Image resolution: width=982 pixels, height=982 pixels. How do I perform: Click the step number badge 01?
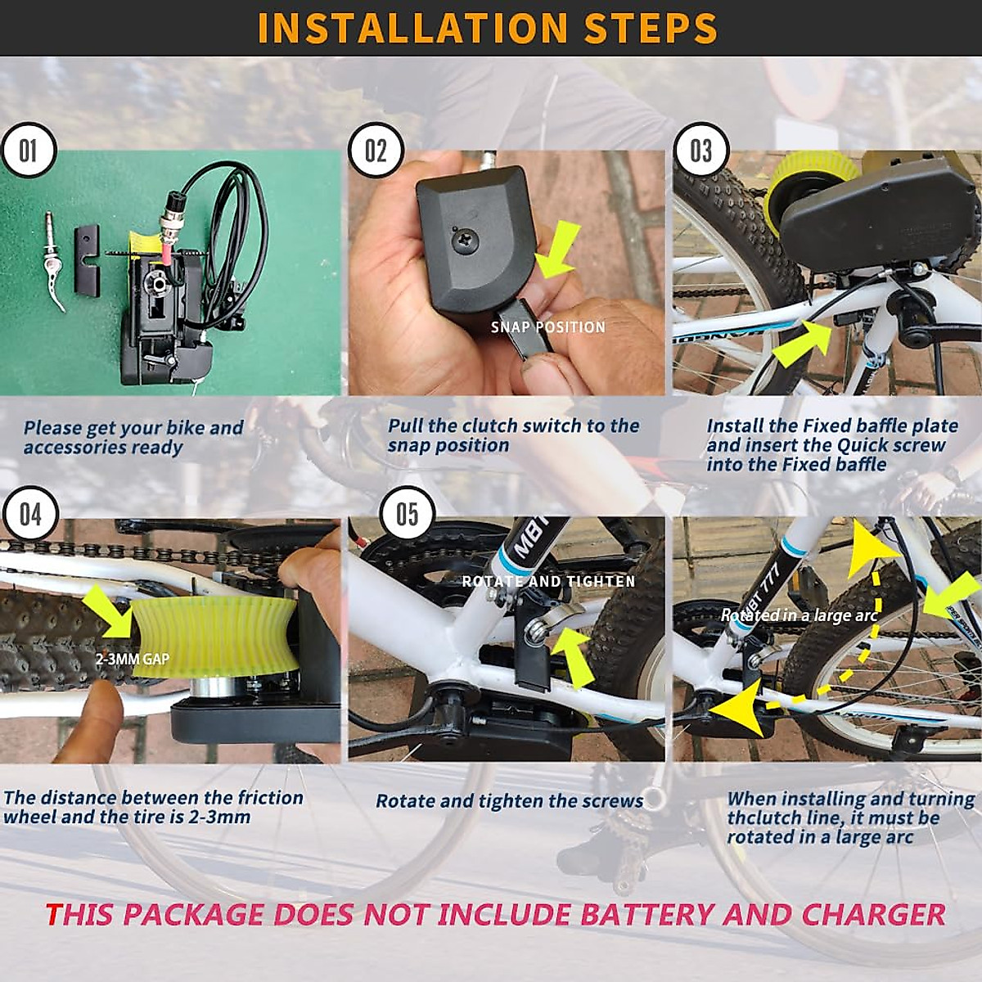point(28,151)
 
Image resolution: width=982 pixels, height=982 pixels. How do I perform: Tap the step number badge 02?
point(376,151)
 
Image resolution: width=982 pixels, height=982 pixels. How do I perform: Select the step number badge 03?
point(701,151)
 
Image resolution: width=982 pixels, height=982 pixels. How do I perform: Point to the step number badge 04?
point(29,515)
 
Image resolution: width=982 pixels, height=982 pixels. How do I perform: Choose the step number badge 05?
point(407,515)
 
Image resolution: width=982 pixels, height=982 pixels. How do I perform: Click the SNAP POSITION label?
point(547,327)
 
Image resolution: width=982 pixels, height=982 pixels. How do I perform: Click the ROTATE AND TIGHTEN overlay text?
point(548,581)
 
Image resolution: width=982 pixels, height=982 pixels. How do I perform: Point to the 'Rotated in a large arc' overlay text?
point(799,615)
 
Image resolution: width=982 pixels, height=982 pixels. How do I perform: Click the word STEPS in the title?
point(651,28)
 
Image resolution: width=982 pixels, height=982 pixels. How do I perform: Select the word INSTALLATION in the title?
point(412,28)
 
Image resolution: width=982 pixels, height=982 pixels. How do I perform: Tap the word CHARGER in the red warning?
point(873,914)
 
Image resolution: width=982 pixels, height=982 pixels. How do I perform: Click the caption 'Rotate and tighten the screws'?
point(509,801)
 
